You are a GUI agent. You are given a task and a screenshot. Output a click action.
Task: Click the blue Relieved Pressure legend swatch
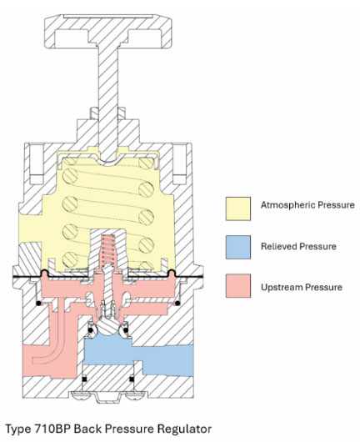tap(239, 246)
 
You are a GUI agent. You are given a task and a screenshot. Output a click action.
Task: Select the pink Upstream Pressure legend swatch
tap(239, 287)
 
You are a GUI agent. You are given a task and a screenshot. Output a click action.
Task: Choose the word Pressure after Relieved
tap(322, 246)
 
